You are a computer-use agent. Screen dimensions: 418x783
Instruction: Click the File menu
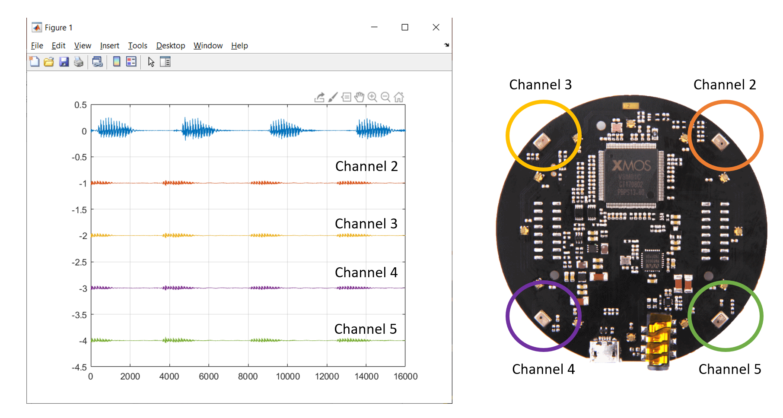tap(37, 46)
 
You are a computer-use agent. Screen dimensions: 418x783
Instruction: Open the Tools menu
tap(137, 46)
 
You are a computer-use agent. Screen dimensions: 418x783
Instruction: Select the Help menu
tap(239, 46)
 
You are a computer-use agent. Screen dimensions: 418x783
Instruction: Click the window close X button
tap(436, 27)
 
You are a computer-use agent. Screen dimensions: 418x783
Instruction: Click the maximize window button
tap(405, 27)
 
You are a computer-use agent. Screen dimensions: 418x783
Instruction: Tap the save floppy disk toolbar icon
tap(64, 62)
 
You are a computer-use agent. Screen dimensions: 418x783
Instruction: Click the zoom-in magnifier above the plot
tap(372, 97)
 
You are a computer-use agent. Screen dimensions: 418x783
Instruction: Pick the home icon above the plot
tap(399, 97)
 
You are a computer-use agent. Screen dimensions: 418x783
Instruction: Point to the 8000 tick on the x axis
tap(248, 377)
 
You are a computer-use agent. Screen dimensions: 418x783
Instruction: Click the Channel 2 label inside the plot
tap(366, 166)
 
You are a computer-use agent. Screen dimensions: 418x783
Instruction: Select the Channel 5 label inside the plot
tap(366, 329)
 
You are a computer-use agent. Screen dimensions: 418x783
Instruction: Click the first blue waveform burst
tap(114, 129)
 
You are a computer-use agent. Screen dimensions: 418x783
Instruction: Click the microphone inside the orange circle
tap(720, 141)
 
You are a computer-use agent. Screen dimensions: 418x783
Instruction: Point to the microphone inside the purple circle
tap(542, 318)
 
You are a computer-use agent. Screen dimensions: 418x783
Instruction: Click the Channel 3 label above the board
tap(540, 85)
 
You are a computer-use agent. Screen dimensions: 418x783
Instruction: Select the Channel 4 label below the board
tap(543, 369)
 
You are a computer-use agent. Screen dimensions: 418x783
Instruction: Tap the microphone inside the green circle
tap(719, 320)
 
